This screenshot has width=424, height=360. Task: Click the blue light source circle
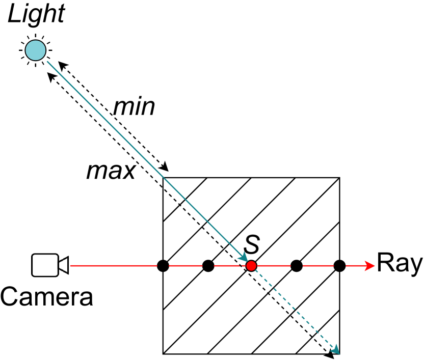pyautogui.click(x=37, y=50)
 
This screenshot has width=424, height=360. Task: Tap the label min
pyautogui.click(x=134, y=107)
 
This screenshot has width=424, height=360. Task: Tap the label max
pyautogui.click(x=111, y=172)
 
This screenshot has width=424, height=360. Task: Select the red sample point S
pyautogui.click(x=251, y=266)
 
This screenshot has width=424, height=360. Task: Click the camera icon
pyautogui.click(x=49, y=265)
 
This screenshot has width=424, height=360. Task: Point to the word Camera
pyautogui.click(x=47, y=296)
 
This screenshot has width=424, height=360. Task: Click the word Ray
pyautogui.click(x=399, y=265)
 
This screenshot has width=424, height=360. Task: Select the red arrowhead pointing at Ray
pyautogui.click(x=369, y=266)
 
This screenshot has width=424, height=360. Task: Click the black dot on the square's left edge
pyautogui.click(x=163, y=266)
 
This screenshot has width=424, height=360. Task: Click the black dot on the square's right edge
pyautogui.click(x=339, y=266)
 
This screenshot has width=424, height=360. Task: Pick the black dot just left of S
pyautogui.click(x=208, y=266)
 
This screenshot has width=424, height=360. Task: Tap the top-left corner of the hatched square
pyautogui.click(x=163, y=178)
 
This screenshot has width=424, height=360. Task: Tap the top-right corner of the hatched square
pyautogui.click(x=339, y=178)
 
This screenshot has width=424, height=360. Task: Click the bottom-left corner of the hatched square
pyautogui.click(x=163, y=353)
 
